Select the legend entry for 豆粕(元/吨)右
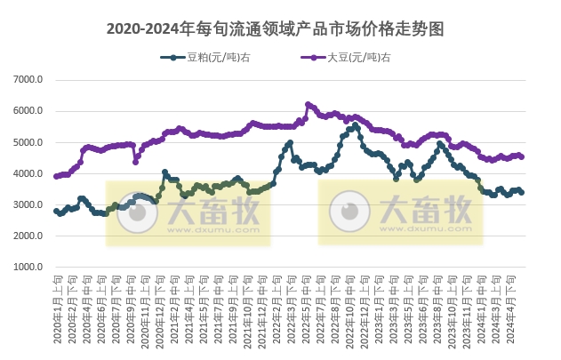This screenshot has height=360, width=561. (201, 59)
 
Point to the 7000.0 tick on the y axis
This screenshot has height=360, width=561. (29, 80)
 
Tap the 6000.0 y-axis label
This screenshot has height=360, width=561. (29, 111)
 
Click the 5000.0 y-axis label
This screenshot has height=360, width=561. (29, 142)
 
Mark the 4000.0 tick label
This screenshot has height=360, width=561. (29, 174)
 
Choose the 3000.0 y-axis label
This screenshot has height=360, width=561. (29, 205)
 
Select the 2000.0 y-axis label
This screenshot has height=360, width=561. (29, 236)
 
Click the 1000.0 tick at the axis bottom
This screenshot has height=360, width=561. (29, 268)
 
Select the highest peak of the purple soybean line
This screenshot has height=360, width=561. (308, 104)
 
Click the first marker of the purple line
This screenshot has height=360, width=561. (56, 176)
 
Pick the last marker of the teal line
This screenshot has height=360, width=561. (521, 192)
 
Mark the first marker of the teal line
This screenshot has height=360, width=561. (56, 211)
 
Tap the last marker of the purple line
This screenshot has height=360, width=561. (521, 156)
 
